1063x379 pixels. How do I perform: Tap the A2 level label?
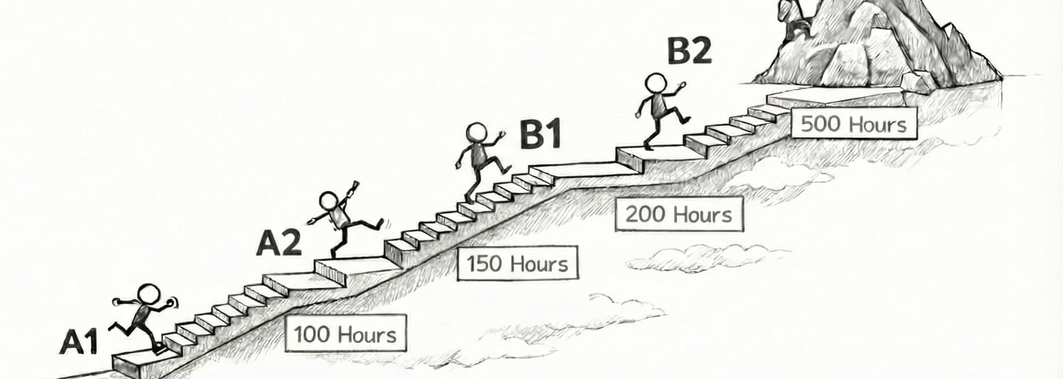coord(279,243)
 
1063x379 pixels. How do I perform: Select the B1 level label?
coord(540,135)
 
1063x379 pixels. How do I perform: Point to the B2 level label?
coord(689,52)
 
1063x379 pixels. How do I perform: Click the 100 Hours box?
coord(345,335)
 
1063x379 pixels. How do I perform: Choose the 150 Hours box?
coord(517,264)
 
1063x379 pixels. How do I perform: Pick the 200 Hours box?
coord(678,215)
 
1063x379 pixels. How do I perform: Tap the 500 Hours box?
coord(853,123)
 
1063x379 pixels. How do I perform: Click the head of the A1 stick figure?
coord(148,294)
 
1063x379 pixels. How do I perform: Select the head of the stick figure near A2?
coord(329,201)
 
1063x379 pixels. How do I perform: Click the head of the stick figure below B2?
coord(655,83)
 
